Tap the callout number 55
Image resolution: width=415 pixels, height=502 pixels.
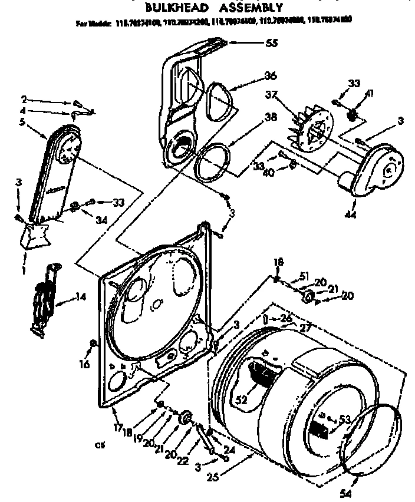click(271, 42)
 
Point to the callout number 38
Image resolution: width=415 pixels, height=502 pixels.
click(270, 117)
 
